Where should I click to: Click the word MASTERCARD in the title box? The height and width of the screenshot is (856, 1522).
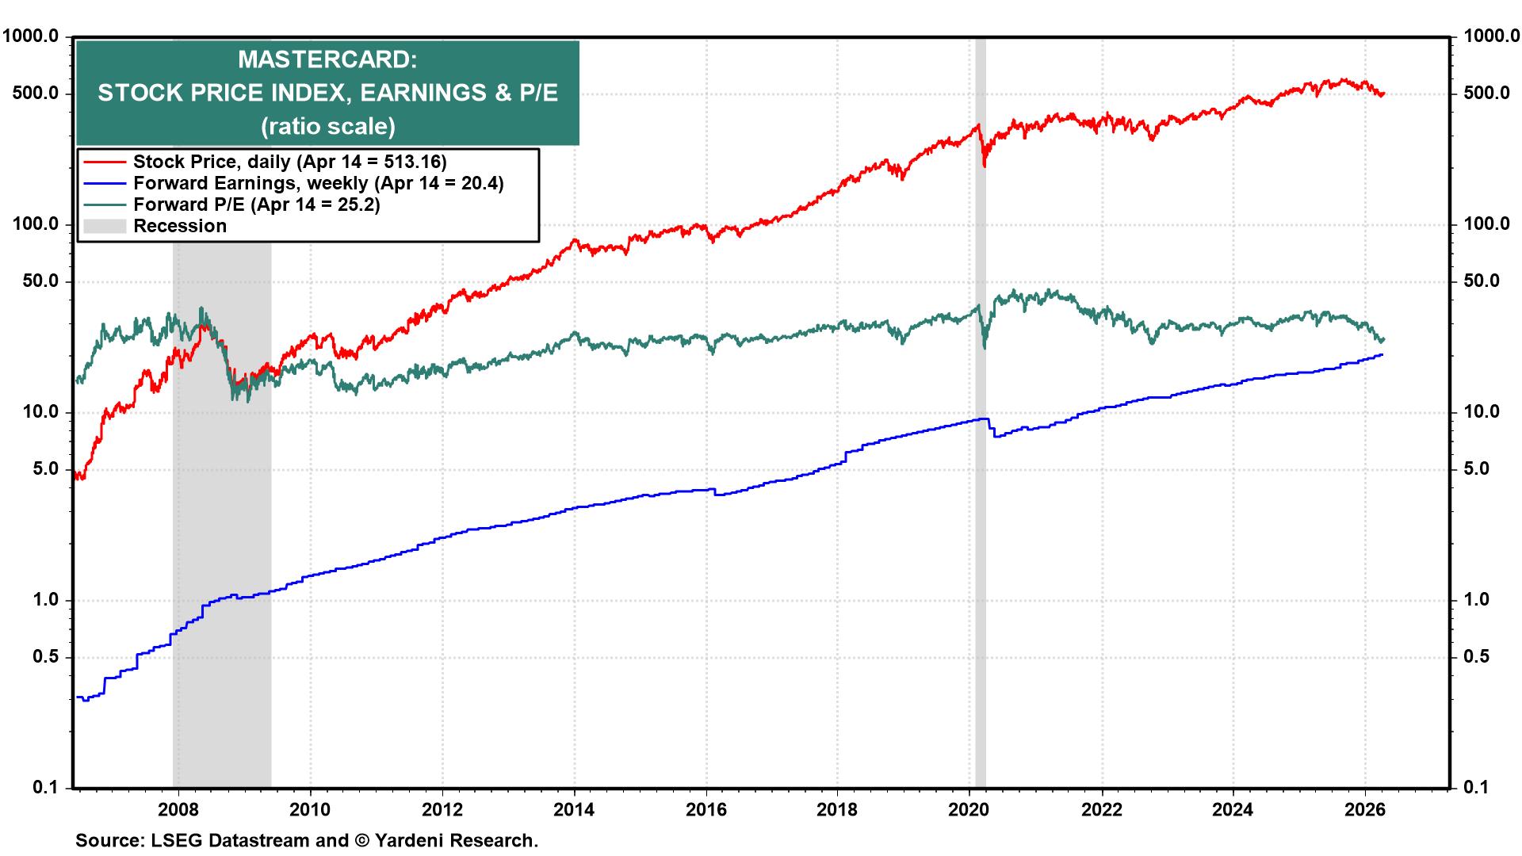(327, 60)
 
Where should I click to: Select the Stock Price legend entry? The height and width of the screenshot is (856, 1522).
(289, 162)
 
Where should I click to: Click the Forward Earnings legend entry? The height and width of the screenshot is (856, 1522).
(318, 183)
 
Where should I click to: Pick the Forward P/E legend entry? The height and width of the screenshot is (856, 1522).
(256, 204)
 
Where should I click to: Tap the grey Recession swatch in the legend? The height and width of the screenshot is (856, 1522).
(105, 226)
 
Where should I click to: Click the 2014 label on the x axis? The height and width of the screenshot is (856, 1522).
(574, 810)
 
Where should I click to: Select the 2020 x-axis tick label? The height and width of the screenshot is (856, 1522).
(969, 810)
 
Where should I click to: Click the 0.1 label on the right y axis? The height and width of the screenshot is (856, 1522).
(1476, 787)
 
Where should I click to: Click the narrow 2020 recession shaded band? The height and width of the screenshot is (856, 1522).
(981, 476)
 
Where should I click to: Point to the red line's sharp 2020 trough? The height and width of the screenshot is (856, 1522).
(985, 165)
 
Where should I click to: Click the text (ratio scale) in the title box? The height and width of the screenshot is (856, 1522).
(327, 126)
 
